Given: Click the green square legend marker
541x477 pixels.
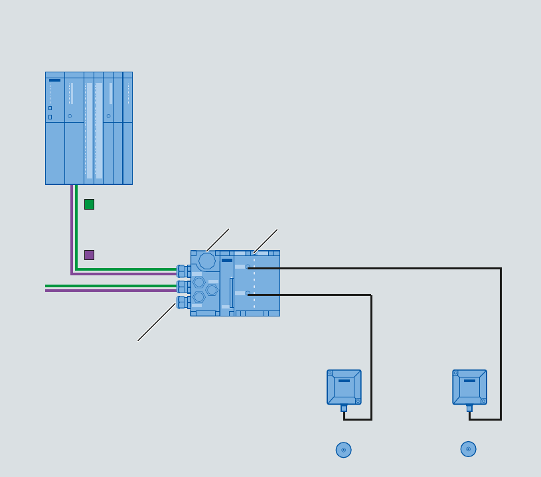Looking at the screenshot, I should click(x=89, y=204).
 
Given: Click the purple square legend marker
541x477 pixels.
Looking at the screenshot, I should click(x=89, y=255).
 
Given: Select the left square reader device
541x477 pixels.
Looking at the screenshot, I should click(x=344, y=387).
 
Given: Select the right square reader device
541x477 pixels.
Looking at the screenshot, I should click(x=469, y=387).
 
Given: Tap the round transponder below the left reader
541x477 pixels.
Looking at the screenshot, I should click(x=343, y=450).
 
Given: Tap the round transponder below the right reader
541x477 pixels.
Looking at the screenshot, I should click(x=468, y=449).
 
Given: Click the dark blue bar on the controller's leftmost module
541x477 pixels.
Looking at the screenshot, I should click(x=54, y=80).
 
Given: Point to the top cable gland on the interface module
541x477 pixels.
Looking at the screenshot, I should click(x=181, y=271).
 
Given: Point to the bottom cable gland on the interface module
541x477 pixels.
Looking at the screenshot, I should click(x=181, y=303).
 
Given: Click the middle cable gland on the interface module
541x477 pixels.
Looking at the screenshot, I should click(x=181, y=287).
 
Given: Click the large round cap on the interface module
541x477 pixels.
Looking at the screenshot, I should click(x=207, y=261).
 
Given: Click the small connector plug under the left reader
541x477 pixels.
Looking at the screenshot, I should click(x=344, y=408).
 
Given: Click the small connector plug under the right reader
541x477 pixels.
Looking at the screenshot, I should click(x=469, y=408).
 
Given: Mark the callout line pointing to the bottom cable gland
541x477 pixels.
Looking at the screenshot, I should click(x=157, y=322).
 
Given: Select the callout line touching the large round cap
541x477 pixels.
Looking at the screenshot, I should click(x=218, y=240).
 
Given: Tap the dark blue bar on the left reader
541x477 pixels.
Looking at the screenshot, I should click(x=344, y=381).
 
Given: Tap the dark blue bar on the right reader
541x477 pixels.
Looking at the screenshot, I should click(x=469, y=381).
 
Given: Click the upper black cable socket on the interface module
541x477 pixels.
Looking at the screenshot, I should click(x=248, y=267).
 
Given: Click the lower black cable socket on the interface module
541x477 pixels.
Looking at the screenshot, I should click(x=248, y=294).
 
